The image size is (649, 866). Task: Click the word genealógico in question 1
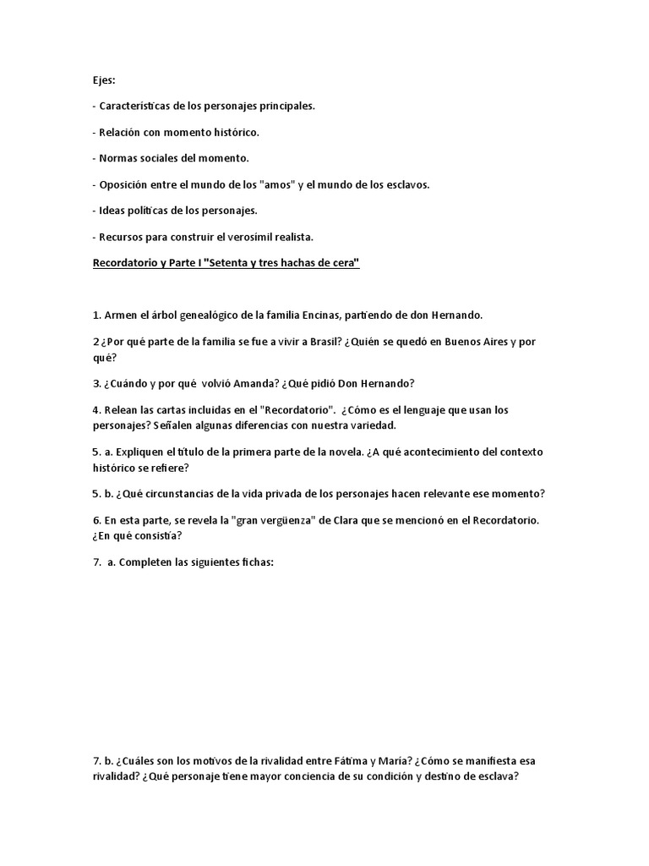tap(186, 315)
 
